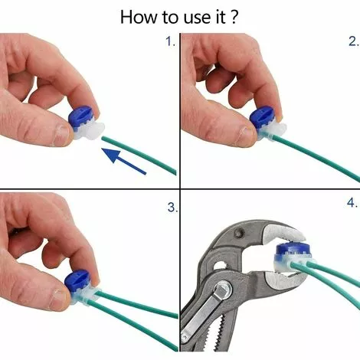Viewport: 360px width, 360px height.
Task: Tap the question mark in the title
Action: [x=234, y=17]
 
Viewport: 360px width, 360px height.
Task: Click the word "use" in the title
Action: [x=194, y=18]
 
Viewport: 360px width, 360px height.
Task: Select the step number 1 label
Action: [x=170, y=41]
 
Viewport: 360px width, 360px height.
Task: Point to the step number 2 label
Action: [x=353, y=41]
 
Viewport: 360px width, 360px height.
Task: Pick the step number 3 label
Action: [x=172, y=208]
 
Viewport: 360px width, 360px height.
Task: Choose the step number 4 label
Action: [x=352, y=203]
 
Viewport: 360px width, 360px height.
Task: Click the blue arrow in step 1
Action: [x=124, y=161]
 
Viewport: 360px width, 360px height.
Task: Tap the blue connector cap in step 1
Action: [x=80, y=117]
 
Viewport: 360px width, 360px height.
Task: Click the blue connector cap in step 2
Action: [x=262, y=118]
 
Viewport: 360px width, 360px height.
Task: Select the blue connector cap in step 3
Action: [x=77, y=282]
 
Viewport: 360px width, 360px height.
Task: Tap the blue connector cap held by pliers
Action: [x=293, y=251]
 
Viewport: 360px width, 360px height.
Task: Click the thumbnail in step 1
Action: [x=61, y=134]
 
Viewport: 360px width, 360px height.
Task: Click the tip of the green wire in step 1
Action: [x=103, y=138]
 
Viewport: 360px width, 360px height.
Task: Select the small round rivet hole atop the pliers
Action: [x=239, y=232]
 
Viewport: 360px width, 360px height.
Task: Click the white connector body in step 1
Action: [x=90, y=131]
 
